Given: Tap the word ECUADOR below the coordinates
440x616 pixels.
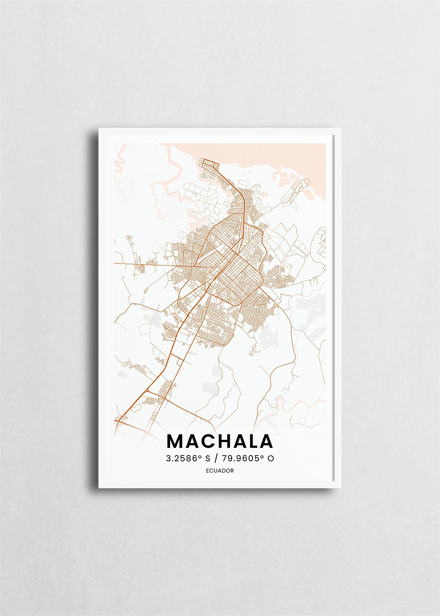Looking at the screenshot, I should pos(220,471).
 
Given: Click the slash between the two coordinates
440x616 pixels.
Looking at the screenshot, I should pos(216,458).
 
